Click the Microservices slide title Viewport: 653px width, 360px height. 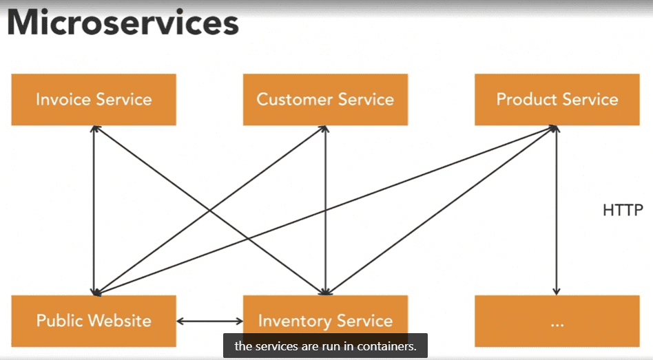[x=123, y=23]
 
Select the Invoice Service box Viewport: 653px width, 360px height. [x=94, y=100]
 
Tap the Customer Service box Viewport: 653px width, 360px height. [x=325, y=100]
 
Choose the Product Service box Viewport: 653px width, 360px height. [x=557, y=100]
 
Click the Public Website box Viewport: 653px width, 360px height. [x=94, y=321]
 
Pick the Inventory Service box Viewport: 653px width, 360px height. [x=325, y=321]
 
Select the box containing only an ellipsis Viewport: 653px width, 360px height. [x=557, y=321]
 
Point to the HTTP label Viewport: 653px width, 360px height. [x=623, y=210]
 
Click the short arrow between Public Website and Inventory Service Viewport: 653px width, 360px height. [x=209, y=321]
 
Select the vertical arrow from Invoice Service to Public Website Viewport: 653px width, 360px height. [x=94, y=210]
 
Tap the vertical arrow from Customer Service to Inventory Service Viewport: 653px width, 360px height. [x=325, y=210]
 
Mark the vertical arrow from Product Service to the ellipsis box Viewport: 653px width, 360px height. [x=557, y=210]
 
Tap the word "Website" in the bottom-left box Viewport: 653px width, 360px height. [x=120, y=321]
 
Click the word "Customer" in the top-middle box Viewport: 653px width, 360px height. [x=294, y=100]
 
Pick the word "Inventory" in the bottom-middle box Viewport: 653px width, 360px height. [x=294, y=321]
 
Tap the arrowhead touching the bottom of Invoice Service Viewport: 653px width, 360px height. [x=95, y=129]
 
